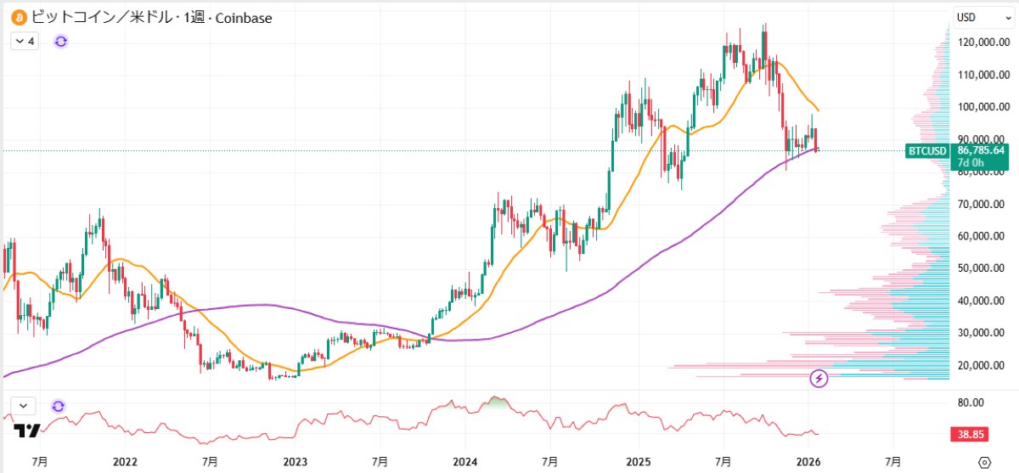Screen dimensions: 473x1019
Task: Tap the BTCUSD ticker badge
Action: tap(927, 151)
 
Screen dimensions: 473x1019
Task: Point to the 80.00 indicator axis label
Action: tap(971, 403)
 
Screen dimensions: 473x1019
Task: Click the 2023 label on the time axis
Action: tap(295, 462)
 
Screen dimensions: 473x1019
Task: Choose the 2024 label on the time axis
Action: tap(465, 462)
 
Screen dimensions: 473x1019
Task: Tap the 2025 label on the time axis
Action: tap(638, 462)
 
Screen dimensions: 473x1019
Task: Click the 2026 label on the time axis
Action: tap(808, 462)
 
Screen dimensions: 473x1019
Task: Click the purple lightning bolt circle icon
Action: tap(820, 379)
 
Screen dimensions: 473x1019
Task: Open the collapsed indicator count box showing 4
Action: tap(25, 40)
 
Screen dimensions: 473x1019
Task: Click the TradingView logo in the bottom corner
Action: tap(27, 431)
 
